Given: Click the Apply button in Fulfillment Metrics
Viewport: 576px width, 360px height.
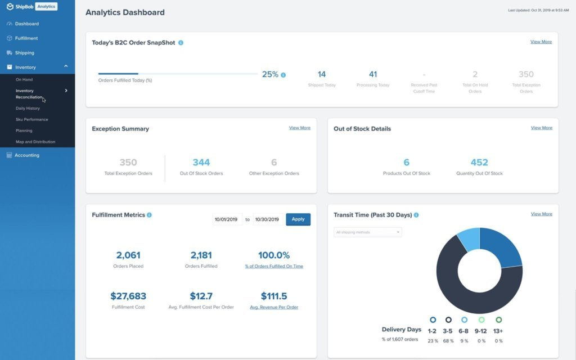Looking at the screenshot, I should pos(298,219).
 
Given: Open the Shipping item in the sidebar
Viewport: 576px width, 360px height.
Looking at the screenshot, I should pos(25,53).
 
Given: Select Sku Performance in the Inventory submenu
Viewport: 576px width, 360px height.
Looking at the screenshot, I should pos(32,119).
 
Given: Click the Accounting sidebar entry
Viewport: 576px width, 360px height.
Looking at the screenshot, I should pos(27,155).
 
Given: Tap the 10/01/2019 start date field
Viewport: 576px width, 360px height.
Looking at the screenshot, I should pos(227,219).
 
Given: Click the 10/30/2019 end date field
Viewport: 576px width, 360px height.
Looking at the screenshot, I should pos(267,219).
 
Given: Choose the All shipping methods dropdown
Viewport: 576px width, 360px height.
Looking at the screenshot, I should pos(367,232).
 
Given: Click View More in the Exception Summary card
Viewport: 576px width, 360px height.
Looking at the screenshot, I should pos(299,128).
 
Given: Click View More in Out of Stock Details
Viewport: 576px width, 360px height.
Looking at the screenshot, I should pos(541,128).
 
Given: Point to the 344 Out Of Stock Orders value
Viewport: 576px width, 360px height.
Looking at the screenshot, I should pos(201,163).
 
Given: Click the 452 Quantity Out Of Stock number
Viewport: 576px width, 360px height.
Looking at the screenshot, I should pos(479,163).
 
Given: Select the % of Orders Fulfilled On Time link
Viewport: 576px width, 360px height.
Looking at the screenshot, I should pos(274,266).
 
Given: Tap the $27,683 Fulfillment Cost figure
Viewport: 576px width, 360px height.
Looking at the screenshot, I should pos(128,296).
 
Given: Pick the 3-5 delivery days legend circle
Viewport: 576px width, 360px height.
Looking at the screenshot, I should pos(448,319).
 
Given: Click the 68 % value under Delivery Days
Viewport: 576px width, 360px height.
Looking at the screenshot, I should pos(448,341).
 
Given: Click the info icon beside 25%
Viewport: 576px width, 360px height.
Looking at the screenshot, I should pos(283,75).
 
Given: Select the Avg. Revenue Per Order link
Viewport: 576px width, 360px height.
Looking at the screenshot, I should pos(274,307).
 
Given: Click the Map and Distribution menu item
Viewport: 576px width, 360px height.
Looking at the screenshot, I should pos(35,142).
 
